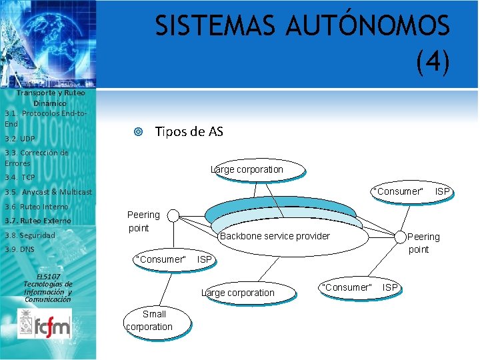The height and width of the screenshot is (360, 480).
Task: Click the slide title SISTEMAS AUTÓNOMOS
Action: tap(302, 26)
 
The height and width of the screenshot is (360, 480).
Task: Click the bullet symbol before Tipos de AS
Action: tap(137, 132)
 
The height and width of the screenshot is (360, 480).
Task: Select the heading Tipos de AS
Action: tap(189, 131)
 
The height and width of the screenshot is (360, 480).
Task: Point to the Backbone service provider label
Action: tap(275, 236)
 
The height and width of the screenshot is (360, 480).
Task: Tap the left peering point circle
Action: tap(173, 215)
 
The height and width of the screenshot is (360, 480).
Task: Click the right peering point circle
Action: tap(399, 236)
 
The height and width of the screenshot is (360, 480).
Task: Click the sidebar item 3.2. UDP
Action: tap(19, 139)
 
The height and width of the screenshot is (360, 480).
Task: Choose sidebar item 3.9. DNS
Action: tap(19, 249)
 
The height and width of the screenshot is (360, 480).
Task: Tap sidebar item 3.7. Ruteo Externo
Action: tap(37, 221)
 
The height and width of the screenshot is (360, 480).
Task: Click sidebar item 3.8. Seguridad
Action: tap(29, 235)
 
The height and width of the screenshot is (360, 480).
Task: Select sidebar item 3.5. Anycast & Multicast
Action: tap(48, 192)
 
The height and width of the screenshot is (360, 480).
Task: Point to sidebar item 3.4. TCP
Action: tap(19, 177)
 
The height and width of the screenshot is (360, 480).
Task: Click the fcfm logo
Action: tap(45, 324)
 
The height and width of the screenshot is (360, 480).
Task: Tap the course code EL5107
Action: tap(48, 276)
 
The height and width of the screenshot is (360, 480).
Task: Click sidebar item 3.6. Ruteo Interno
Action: tap(36, 207)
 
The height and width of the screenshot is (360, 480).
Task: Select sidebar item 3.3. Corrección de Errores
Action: tap(36, 157)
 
